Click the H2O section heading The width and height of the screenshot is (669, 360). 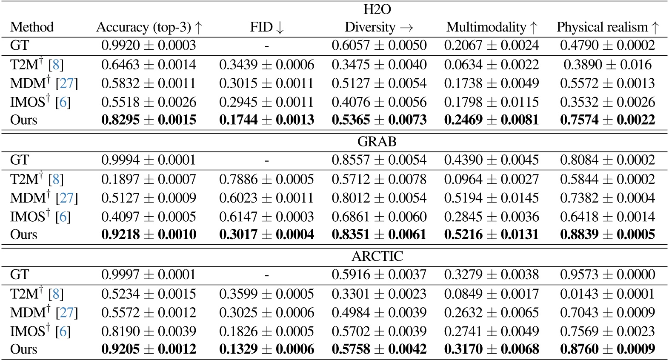377,9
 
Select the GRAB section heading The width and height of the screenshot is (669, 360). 377,141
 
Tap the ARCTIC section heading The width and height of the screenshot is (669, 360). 377,256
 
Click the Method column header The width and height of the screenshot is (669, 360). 32,27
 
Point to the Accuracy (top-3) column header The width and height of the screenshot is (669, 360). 149,27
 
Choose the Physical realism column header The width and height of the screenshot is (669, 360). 607,27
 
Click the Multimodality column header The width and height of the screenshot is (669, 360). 492,27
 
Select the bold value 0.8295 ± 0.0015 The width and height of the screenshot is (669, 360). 149,120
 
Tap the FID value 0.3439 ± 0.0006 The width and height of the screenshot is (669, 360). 266,65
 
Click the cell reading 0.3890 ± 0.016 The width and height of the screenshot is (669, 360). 607,65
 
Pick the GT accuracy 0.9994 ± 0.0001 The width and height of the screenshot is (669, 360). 149,160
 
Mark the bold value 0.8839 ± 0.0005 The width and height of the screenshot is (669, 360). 607,234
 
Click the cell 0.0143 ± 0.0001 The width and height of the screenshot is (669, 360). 607,294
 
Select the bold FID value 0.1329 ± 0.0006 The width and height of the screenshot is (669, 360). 266,349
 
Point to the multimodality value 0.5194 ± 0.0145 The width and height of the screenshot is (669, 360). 492,198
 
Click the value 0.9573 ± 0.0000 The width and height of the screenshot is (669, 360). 607,274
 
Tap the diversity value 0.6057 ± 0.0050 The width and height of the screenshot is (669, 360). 379,46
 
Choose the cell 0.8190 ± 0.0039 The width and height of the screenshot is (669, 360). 149,331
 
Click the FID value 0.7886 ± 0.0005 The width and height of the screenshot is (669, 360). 266,179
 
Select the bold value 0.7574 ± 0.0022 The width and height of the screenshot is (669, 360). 607,120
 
